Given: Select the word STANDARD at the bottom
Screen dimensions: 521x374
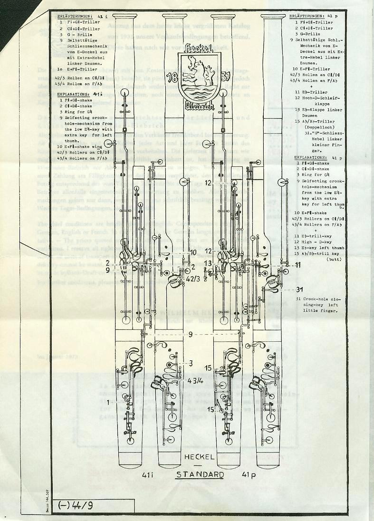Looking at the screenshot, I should click(200, 474).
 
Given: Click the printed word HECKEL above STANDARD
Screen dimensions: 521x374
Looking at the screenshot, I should click(200, 456).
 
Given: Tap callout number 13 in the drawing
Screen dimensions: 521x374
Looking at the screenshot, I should click(207, 263).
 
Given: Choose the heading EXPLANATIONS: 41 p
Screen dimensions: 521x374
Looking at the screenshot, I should click(316, 157).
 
